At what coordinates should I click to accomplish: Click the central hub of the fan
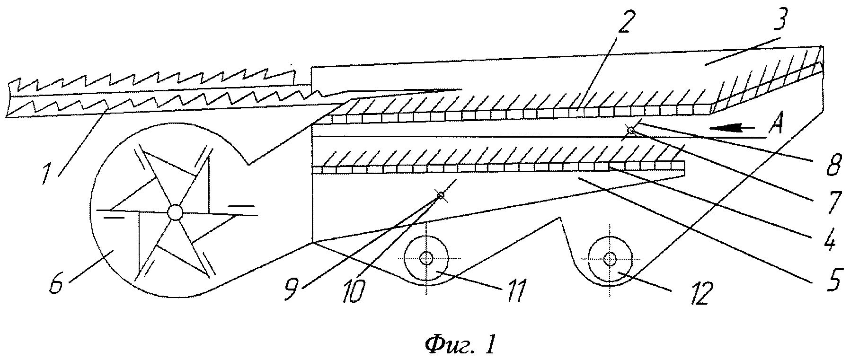175,212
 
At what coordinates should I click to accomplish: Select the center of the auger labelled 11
426,258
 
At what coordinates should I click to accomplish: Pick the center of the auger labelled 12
610,259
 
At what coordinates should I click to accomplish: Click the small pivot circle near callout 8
631,130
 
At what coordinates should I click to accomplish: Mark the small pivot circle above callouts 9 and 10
440,195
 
